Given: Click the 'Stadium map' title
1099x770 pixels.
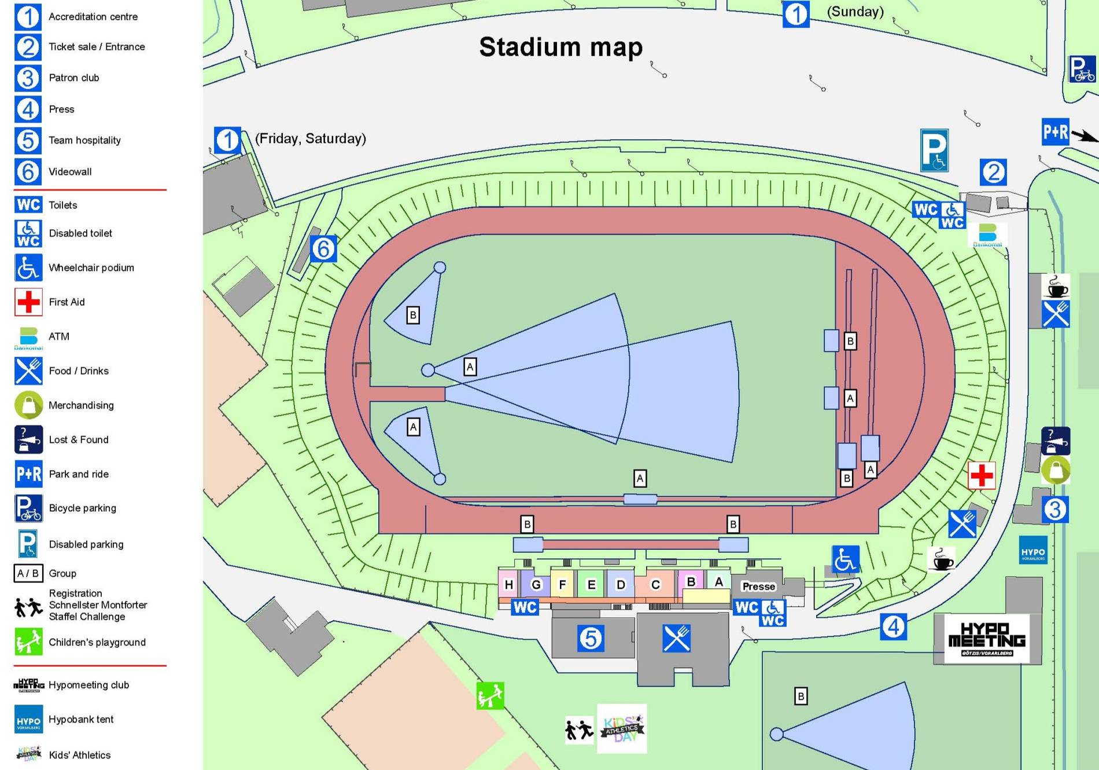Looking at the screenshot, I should [x=560, y=47].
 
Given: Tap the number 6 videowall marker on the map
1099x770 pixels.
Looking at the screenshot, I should [x=323, y=249].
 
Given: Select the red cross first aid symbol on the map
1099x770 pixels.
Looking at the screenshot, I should [x=982, y=476].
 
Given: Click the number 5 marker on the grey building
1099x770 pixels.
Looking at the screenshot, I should [x=591, y=639].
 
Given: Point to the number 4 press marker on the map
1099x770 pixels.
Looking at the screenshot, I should [x=893, y=626].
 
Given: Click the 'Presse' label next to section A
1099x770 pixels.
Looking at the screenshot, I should [x=758, y=586].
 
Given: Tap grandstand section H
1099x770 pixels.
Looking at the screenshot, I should [x=508, y=584].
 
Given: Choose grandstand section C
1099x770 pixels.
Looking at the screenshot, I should [x=655, y=584].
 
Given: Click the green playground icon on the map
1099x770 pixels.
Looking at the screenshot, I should [x=490, y=695].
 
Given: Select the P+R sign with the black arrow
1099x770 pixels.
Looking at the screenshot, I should [x=1056, y=133].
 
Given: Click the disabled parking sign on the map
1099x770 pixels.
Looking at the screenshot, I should [x=934, y=151].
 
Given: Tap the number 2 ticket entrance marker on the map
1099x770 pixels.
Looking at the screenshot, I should [x=993, y=172].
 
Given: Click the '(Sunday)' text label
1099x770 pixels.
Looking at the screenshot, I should [x=855, y=12].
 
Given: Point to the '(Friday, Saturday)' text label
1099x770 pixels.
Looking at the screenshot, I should [x=311, y=138].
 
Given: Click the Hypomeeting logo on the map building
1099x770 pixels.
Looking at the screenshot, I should [x=987, y=639].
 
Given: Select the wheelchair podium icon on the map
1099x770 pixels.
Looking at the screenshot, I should [x=845, y=559].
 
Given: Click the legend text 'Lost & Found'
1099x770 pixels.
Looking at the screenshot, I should [x=79, y=439].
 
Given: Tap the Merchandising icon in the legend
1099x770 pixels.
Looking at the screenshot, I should [x=28, y=405].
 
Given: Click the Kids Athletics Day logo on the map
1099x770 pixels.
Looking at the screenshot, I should [x=622, y=728].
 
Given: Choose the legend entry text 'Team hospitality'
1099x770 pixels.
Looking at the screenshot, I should [x=84, y=140].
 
